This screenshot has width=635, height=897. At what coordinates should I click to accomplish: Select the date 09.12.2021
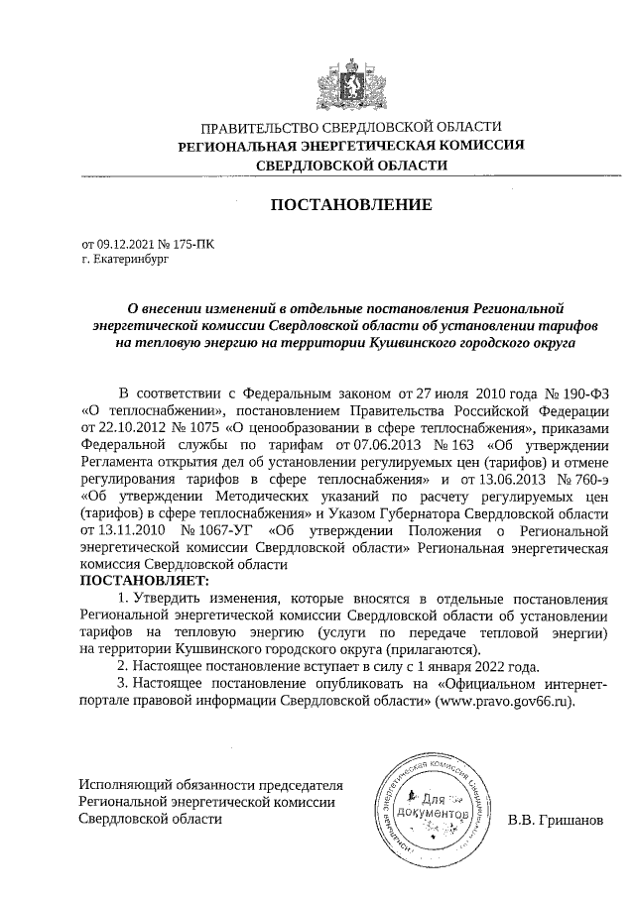click(126, 243)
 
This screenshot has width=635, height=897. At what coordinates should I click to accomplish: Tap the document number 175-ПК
click(194, 243)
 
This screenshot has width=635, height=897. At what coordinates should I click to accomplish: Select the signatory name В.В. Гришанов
click(555, 821)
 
